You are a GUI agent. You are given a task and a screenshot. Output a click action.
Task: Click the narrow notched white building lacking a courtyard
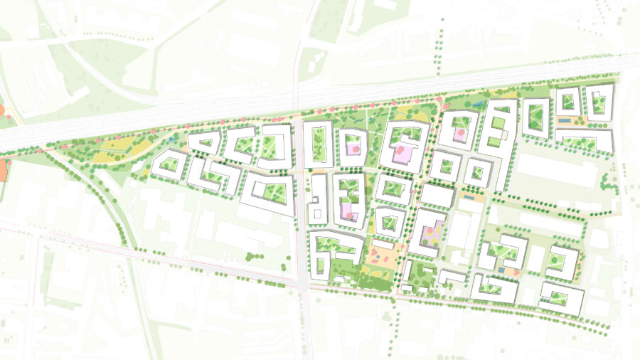(318, 198)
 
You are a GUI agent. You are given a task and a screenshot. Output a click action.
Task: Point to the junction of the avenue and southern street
(304, 283)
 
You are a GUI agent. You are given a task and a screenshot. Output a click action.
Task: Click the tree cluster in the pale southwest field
(252, 255)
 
